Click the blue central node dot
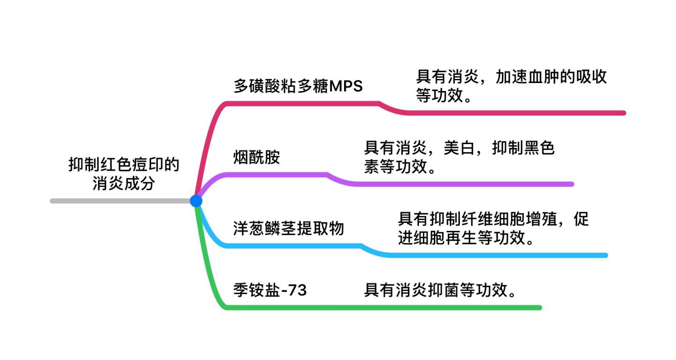[196, 201]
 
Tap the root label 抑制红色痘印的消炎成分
[123, 174]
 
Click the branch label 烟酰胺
[256, 157]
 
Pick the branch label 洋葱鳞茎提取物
[289, 229]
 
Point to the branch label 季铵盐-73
[270, 291]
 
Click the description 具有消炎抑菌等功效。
[441, 291]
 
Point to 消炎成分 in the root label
[123, 183]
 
